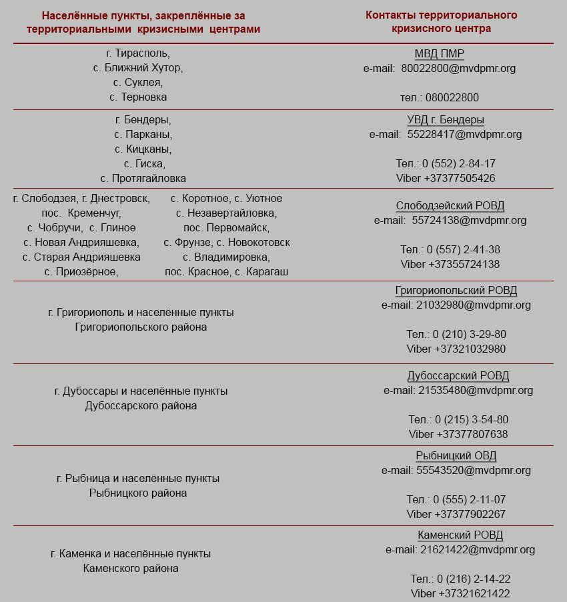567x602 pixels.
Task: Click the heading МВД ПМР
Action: pos(439,54)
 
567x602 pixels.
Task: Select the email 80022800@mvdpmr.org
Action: pos(458,68)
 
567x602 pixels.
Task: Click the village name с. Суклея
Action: pos(138,82)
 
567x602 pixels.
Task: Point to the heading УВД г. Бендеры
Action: pos(446,120)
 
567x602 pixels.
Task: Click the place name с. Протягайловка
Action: pos(143,178)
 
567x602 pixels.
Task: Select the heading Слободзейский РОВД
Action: pos(450,206)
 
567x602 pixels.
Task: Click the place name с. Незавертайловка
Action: pos(226,213)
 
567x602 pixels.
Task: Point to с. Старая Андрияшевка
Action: pos(81,257)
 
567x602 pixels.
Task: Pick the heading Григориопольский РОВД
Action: pos(456,291)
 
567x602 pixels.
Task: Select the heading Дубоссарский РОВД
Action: pos(458,376)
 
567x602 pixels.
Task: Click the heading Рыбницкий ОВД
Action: pos(456,456)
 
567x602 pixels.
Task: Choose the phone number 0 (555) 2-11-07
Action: pos(469,499)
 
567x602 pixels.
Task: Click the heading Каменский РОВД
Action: pos(460,535)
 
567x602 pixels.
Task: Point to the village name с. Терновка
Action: pos(138,97)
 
